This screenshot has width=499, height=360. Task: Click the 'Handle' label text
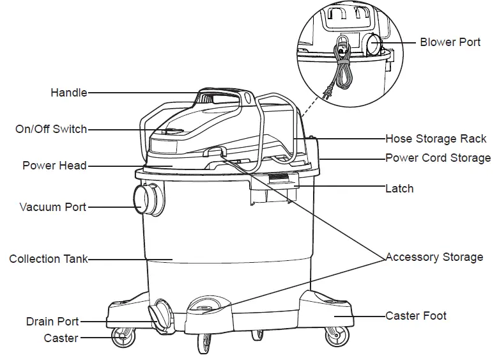[68, 93]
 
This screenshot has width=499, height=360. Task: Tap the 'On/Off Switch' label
[51, 129]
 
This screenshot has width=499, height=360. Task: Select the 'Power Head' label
[54, 166]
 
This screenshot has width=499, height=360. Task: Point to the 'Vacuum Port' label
[52, 207]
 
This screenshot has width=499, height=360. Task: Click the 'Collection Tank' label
[49, 259]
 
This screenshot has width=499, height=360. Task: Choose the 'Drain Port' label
[52, 321]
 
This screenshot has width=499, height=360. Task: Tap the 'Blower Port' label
[450, 42]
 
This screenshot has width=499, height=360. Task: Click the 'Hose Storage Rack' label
[436, 139]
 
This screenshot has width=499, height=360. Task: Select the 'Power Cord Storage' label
[438, 157]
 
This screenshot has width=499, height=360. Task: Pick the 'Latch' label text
[399, 189]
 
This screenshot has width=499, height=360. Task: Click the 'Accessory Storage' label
[434, 257]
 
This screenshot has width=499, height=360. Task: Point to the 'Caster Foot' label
[416, 315]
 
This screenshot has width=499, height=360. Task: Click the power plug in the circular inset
[330, 93]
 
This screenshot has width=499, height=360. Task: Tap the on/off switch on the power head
[171, 131]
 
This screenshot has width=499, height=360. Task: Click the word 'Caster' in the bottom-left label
[61, 338]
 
